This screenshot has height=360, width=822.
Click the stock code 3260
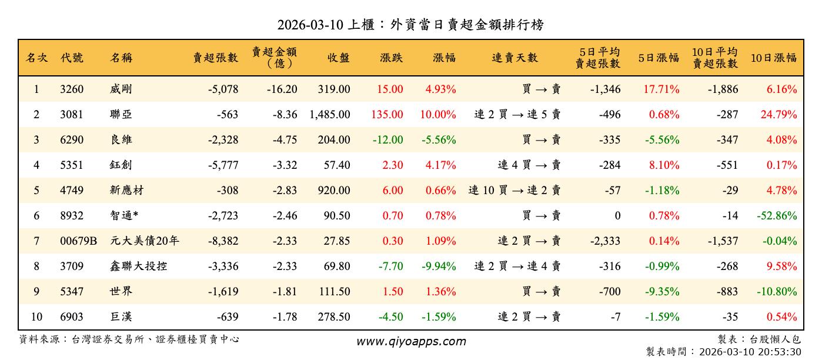click(x=72, y=89)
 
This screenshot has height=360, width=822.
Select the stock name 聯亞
click(x=121, y=115)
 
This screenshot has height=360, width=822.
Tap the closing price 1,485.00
click(x=329, y=115)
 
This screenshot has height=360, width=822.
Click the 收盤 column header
click(x=339, y=58)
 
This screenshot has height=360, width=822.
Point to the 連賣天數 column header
click(x=514, y=58)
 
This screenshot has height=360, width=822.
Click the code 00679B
click(x=78, y=241)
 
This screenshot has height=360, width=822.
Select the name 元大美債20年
click(x=145, y=241)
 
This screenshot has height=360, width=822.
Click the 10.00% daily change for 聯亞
click(x=438, y=115)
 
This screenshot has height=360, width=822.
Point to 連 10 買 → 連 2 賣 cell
click(x=514, y=191)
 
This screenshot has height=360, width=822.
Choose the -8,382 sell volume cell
click(x=223, y=241)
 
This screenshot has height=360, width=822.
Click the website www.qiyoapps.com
click(x=411, y=342)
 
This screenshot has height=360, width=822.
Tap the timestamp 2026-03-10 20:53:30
click(x=750, y=352)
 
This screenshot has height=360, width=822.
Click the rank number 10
click(x=36, y=317)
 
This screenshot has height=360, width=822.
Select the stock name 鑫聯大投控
click(x=138, y=266)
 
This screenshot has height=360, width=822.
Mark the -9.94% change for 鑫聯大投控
click(x=439, y=266)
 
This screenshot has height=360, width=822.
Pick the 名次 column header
click(x=36, y=58)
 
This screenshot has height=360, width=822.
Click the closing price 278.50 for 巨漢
click(x=333, y=317)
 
